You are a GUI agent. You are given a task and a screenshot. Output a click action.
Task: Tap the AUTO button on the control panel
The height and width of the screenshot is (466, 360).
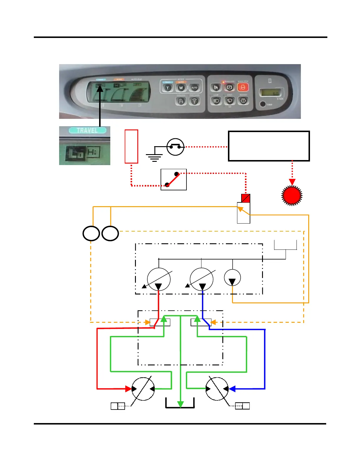[x=194, y=88]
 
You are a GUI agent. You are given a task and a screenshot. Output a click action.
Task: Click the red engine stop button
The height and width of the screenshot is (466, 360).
[x=243, y=87]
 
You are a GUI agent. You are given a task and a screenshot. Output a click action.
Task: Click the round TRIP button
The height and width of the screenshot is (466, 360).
[x=263, y=104]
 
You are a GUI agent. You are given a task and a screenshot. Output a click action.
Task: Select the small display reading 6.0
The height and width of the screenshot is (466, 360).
[x=271, y=93]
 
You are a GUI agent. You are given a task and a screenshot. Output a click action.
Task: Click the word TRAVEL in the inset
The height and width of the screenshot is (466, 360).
[x=87, y=130]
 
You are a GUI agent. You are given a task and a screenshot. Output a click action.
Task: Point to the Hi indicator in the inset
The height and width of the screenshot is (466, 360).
[x=93, y=152]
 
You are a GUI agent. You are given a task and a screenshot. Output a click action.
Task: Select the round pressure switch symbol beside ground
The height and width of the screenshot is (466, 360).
[x=175, y=147]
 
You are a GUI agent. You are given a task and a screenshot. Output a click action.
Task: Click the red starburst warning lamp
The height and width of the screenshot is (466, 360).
[x=292, y=195]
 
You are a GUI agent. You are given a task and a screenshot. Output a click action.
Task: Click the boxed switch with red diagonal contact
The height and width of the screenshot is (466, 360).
[x=174, y=179]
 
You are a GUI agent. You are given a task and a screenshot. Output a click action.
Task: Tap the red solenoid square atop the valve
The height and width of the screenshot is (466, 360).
[x=246, y=198]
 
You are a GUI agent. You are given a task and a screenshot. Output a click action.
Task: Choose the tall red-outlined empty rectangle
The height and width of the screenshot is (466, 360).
[x=131, y=146]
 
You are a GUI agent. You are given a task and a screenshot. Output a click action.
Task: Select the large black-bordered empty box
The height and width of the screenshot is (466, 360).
[x=269, y=146]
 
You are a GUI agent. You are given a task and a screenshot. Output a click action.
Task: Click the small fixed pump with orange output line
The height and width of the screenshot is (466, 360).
[x=232, y=278]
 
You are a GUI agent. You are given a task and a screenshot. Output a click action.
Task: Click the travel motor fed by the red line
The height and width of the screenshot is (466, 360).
[x=143, y=389]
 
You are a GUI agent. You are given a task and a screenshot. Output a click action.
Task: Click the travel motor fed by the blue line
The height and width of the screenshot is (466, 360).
[x=217, y=389]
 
